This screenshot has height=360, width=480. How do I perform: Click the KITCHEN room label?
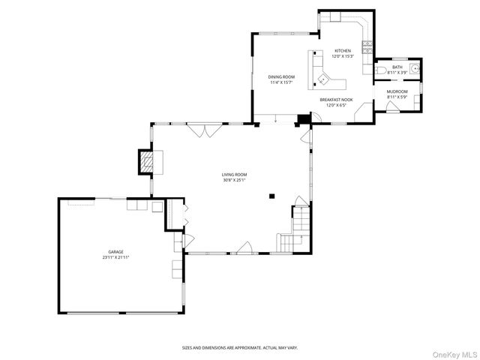342,51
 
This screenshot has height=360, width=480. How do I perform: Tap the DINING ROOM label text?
281,76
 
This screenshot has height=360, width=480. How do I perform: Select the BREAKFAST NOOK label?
334,100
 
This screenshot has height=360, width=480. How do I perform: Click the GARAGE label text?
115,252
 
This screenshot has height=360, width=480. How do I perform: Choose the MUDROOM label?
397,91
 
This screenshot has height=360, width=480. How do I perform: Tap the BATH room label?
397,67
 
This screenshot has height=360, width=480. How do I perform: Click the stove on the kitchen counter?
367,49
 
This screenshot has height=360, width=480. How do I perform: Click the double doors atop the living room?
204,130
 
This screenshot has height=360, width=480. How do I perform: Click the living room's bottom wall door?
244,247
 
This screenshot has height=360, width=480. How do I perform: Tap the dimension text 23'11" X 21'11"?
115,258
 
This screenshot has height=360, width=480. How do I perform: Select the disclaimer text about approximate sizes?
239,348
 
